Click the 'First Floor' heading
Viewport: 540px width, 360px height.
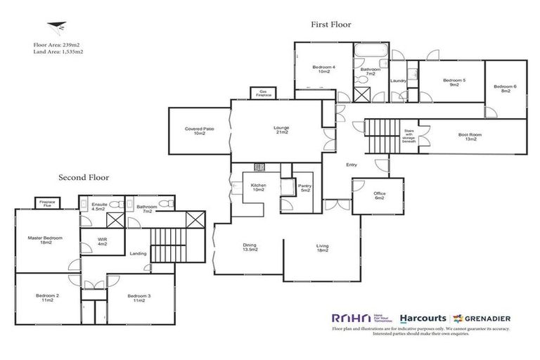tap(331, 24)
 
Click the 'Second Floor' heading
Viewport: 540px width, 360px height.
tap(84, 177)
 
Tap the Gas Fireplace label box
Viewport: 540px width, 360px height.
tap(264, 93)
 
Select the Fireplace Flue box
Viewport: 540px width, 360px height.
tap(48, 202)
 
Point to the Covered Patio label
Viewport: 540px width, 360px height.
tap(200, 131)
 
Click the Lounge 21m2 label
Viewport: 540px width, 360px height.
tap(281, 129)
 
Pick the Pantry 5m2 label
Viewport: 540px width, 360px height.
tap(304, 188)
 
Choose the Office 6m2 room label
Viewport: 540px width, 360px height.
tap(379, 196)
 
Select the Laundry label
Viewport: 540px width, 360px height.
tap(398, 81)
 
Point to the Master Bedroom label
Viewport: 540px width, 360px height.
tap(45, 240)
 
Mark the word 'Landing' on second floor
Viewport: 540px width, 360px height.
tap(138, 264)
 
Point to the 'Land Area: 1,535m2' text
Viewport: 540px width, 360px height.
tap(58, 51)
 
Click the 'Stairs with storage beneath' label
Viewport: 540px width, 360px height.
tap(409, 136)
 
